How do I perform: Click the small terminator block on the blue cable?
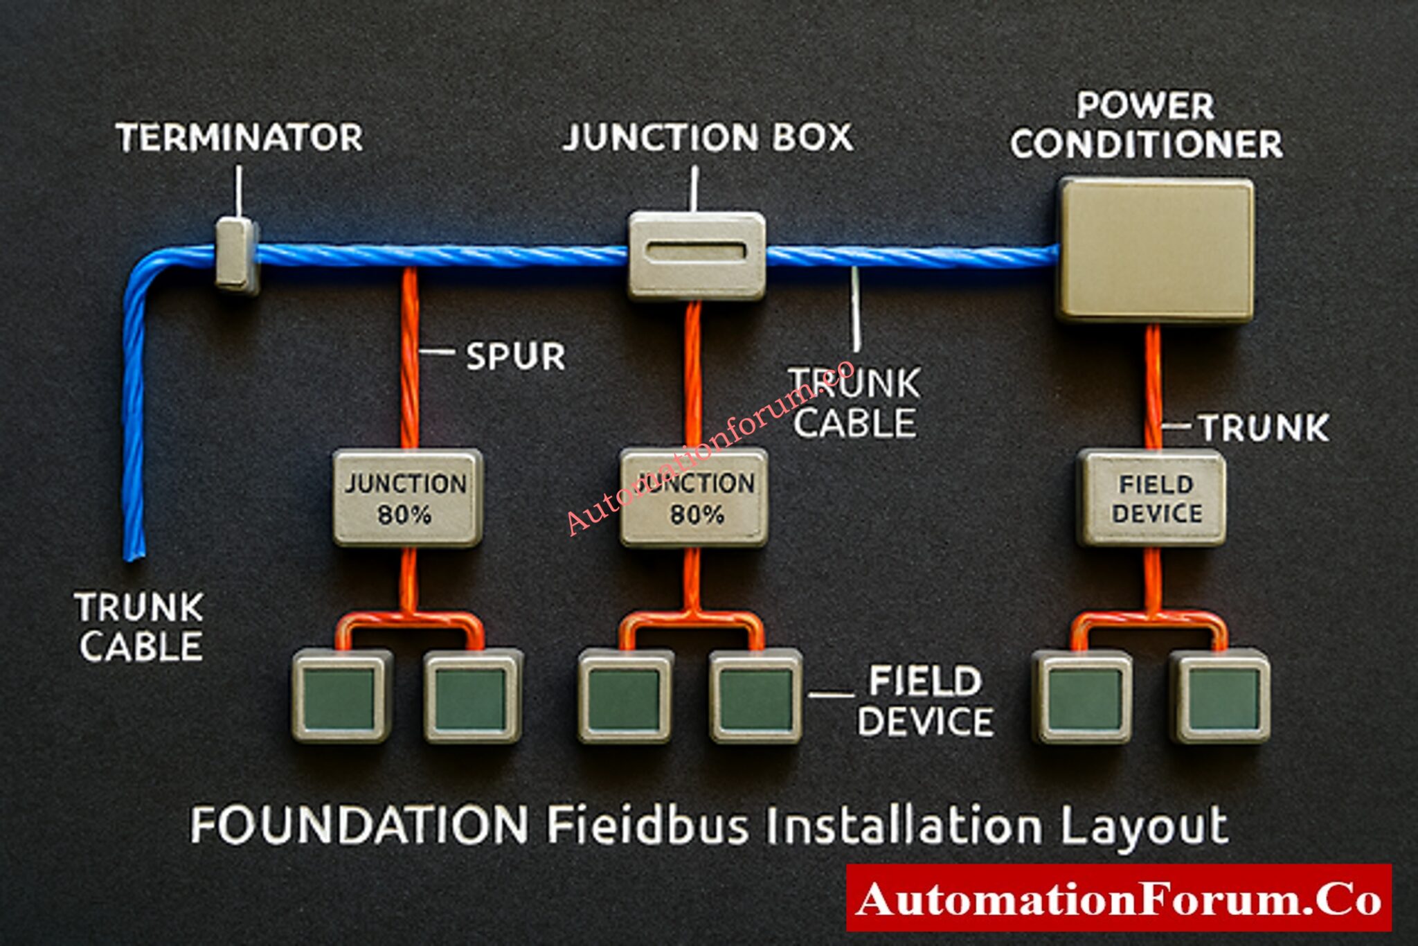click(x=237, y=255)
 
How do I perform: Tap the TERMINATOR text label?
click(x=239, y=137)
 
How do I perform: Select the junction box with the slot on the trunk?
click(x=697, y=255)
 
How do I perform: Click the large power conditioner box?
click(x=1155, y=249)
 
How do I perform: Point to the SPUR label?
click(x=515, y=356)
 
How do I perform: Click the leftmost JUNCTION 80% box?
click(x=407, y=498)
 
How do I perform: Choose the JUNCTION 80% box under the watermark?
click(x=694, y=498)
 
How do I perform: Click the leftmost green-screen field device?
click(x=339, y=697)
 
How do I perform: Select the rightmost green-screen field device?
click(x=1220, y=697)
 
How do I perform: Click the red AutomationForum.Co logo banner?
click(x=1118, y=898)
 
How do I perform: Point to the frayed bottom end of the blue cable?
click(x=134, y=547)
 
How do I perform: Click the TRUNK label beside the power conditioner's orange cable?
click(x=1264, y=427)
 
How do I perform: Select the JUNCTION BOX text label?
click(x=708, y=137)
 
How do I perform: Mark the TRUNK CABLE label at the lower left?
click(x=140, y=627)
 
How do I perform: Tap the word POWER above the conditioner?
click(x=1145, y=106)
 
